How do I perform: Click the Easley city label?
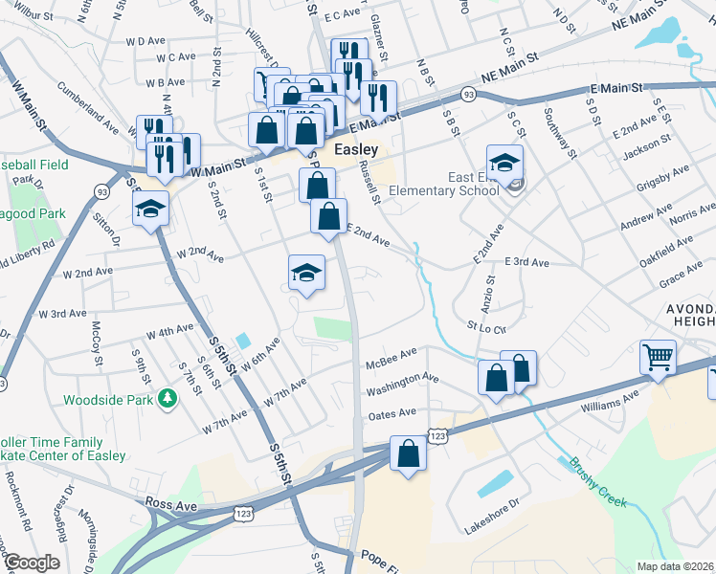[x=357, y=150]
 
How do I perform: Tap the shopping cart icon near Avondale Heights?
[x=659, y=359]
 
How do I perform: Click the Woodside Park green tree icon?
[x=168, y=397]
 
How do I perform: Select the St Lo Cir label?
[x=485, y=326]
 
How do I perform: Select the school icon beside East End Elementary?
[x=504, y=163]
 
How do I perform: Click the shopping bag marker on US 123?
[x=408, y=454]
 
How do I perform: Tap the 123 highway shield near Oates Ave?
[x=437, y=435]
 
